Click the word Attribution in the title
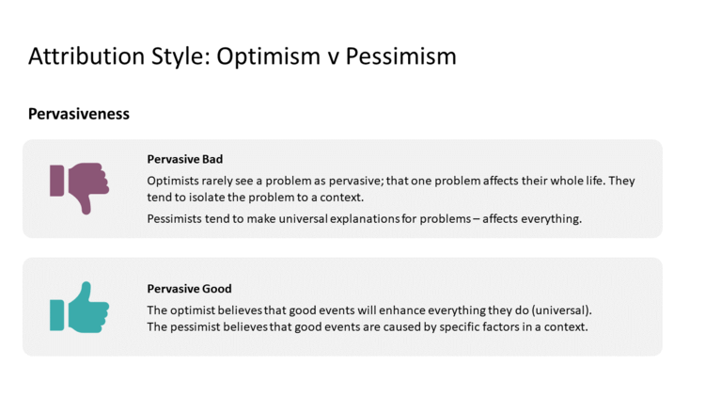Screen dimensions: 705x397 tap(86, 56)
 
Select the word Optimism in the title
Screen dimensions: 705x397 tap(268, 57)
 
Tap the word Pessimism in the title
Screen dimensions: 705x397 tap(401, 56)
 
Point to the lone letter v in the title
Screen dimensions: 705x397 tap(333, 59)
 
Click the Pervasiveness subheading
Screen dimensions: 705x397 tap(79, 114)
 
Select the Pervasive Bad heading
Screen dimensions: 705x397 tap(185, 159)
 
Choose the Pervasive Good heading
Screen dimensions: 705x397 tap(189, 289)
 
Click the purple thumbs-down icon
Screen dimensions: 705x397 tap(80, 188)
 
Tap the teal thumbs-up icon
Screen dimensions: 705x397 tap(80, 308)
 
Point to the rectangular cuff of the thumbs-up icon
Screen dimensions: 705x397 tap(56, 315)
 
